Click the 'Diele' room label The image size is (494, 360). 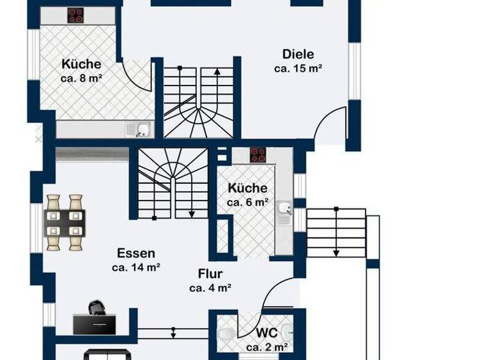pos(298,54)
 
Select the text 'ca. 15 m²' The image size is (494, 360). pos(298,67)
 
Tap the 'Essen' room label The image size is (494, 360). pos(136,253)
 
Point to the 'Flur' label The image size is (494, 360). pos(210,274)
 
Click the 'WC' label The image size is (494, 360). pos(266,334)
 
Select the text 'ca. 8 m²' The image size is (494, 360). pos(82,78)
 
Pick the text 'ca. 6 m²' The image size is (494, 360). pos(248,202)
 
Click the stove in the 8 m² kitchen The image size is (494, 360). pos(77,15)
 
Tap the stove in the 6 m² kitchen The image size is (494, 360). pos(258,154)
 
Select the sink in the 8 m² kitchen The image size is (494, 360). pos(142,130)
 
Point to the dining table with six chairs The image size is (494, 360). pos(65,222)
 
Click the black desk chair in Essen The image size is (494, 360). pos(96,307)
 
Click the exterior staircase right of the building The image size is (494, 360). pos(335,232)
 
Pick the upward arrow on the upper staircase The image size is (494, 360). pos(217,72)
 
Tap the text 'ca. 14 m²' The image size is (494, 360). pos(136,267)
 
